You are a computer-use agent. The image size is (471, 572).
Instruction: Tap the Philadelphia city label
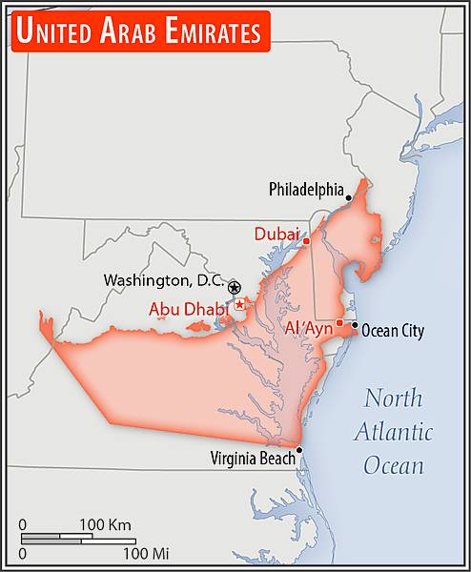305,189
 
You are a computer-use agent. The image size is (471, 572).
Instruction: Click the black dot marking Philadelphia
349,198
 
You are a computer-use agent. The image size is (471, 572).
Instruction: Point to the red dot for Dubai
306,241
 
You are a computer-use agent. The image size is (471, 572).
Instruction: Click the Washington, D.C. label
164,281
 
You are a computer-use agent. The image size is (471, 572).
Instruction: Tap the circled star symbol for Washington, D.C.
235,287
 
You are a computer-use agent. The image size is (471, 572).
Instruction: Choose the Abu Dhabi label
189,309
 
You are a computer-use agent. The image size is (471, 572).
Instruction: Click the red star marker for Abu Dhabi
240,304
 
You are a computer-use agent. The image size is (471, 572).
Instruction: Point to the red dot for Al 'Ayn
339,322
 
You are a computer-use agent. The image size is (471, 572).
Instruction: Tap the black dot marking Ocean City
355,325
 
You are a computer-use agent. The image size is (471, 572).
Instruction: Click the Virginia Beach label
253,458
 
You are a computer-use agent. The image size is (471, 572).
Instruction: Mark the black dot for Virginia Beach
299,450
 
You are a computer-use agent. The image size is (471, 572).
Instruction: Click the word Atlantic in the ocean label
394,431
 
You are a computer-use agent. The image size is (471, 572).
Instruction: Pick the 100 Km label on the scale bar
105,524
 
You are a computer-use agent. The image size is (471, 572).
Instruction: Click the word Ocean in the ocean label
393,465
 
